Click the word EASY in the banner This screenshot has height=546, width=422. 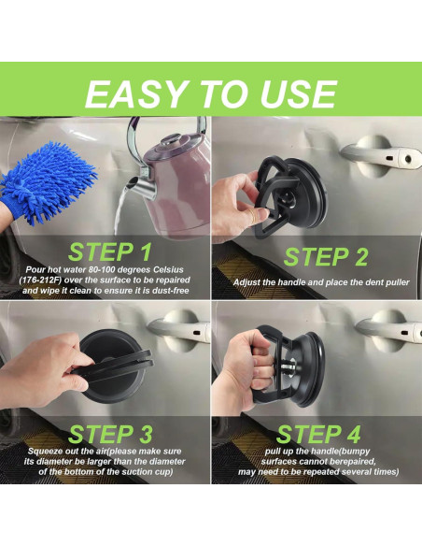[x=135, y=93]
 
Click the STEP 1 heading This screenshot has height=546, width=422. [x=110, y=251]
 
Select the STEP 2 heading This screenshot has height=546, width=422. [x=325, y=257]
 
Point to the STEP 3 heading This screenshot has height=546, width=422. [x=110, y=434]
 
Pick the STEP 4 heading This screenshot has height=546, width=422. [x=318, y=434]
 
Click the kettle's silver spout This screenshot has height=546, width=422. [x=140, y=185]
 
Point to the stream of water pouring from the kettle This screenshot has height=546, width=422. [x=120, y=213]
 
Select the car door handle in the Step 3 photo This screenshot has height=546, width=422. [x=178, y=329]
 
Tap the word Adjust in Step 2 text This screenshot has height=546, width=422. [x=244, y=282]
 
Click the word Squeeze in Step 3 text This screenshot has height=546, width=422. [x=41, y=452]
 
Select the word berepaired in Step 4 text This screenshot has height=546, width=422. [x=354, y=462]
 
